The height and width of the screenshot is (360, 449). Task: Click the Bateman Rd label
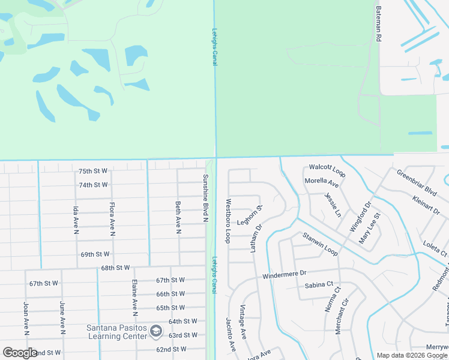coord(378,24)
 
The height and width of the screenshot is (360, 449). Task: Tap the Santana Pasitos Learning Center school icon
coord(156,331)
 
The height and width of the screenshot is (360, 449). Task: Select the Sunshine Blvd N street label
coord(205,198)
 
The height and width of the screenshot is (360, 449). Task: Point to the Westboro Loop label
coord(228,221)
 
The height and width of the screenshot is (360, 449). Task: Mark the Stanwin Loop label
coord(320,245)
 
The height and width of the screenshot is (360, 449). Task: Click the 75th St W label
coord(93,171)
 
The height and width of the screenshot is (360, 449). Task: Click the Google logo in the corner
coord(20,352)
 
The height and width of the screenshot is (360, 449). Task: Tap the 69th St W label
coord(96,254)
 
